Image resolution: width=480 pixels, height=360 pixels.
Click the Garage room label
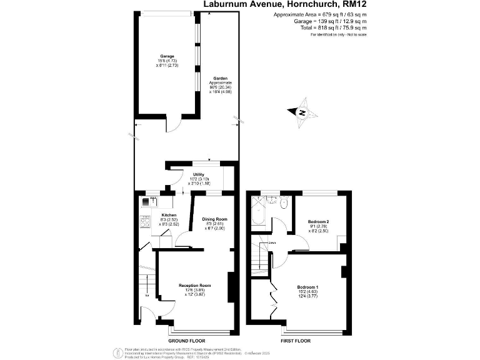tap(166, 56)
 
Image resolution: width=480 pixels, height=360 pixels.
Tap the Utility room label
tap(199, 175)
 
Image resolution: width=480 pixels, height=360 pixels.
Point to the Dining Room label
tap(214, 219)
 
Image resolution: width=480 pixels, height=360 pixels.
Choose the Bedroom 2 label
tap(318, 222)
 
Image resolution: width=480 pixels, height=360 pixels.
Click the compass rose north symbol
tap(302, 112)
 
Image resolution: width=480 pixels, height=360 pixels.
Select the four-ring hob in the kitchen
tap(145, 221)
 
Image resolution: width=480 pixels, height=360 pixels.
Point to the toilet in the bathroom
tap(284, 202)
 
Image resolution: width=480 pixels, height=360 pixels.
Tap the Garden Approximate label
tap(220, 82)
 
